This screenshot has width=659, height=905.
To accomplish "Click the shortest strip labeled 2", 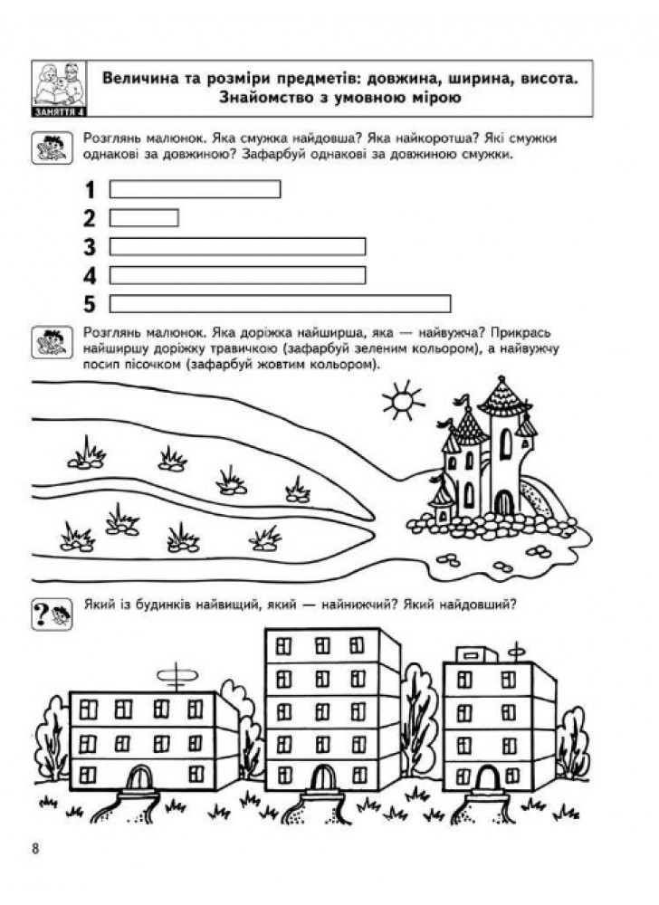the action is coord(144,217).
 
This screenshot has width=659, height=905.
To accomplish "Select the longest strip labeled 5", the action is coord(280,303).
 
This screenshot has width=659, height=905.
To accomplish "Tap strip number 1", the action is coord(195,189).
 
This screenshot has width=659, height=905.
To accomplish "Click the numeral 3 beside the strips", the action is coord(90,247).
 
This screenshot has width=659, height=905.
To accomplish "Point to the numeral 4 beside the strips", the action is coord(90,276).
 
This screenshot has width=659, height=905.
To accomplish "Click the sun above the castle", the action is coord(404,399).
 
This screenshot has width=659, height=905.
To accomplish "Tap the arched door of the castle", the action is coord(504,502).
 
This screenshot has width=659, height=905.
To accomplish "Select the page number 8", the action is coord(36,849).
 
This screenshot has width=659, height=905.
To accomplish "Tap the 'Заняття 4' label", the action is coord(58,112).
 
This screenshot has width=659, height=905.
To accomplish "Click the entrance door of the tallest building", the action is coord(322,776).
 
